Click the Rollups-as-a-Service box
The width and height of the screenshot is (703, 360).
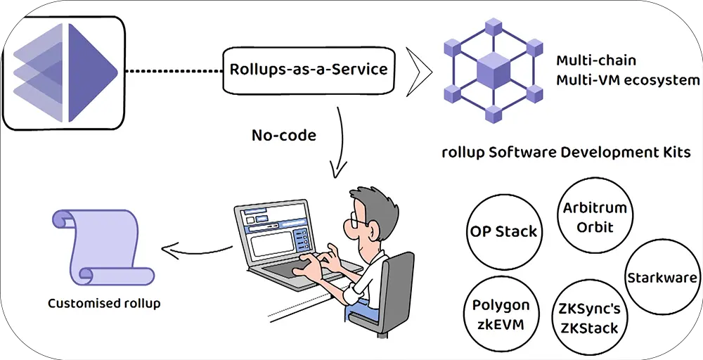coord(309,70)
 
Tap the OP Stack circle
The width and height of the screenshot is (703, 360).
coord(502,231)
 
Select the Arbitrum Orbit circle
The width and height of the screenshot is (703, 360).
coord(595,217)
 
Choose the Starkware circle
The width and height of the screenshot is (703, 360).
coord(661,277)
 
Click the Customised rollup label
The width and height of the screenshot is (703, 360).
coord(104,304)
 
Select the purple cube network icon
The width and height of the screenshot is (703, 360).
coord(489,71)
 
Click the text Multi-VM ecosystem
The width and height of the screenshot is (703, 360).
coord(628,80)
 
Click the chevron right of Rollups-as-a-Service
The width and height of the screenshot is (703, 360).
coord(419,70)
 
